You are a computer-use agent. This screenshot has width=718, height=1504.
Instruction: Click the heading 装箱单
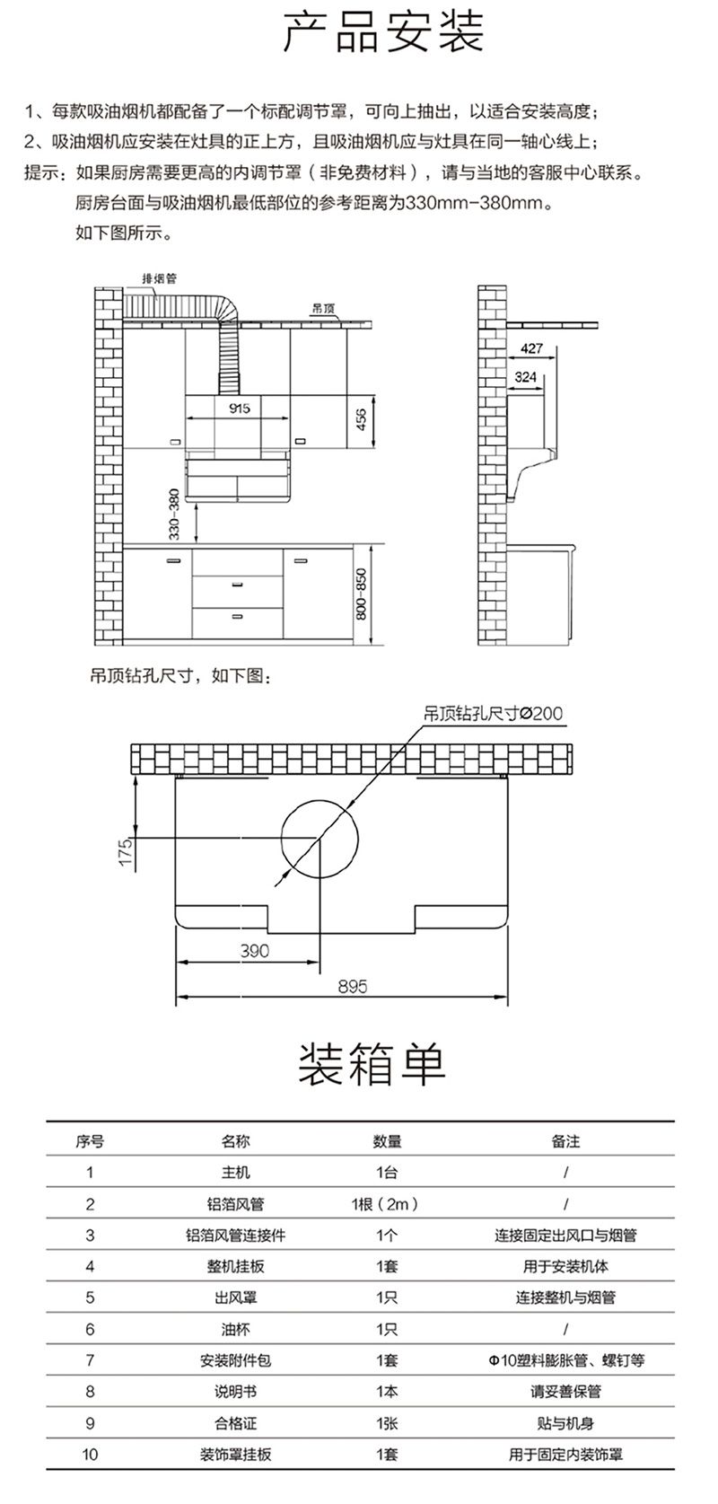[372, 1066]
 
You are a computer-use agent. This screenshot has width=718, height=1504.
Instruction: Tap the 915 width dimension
[240, 408]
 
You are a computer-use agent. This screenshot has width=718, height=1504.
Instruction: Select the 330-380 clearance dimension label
[174, 515]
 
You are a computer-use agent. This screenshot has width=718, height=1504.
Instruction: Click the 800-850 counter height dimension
[361, 594]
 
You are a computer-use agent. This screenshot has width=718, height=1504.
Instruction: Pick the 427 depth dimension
[531, 348]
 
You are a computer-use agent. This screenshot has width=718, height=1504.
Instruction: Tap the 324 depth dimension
[525, 376]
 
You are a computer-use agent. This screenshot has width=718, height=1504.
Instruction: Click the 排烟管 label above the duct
[159, 278]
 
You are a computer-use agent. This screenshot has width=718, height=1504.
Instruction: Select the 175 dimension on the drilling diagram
[126, 852]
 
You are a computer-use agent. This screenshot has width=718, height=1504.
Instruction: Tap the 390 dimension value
[254, 951]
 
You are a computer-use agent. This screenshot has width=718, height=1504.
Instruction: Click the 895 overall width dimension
[353, 986]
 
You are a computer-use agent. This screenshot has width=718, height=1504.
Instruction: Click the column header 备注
[565, 1141]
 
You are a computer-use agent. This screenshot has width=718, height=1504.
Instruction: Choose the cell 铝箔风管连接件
[235, 1236]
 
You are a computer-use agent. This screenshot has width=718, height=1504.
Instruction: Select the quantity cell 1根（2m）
[386, 1204]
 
